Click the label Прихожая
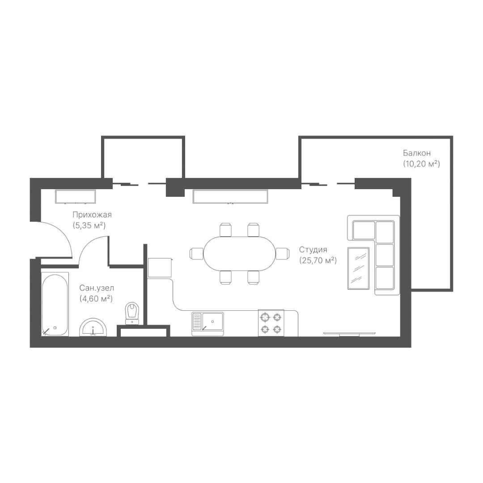(x=92, y=215)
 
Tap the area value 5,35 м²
(x=89, y=225)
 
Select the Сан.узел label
(x=97, y=288)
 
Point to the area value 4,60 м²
(x=96, y=298)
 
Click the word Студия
(x=313, y=250)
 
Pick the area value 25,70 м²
(x=318, y=261)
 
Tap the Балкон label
(x=417, y=153)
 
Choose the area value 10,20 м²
(x=421, y=164)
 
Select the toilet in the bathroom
(x=132, y=313)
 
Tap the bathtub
(x=55, y=305)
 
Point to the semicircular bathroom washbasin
(x=93, y=327)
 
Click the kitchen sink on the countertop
(x=208, y=324)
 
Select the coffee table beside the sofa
(x=358, y=268)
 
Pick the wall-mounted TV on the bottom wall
(x=349, y=334)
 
